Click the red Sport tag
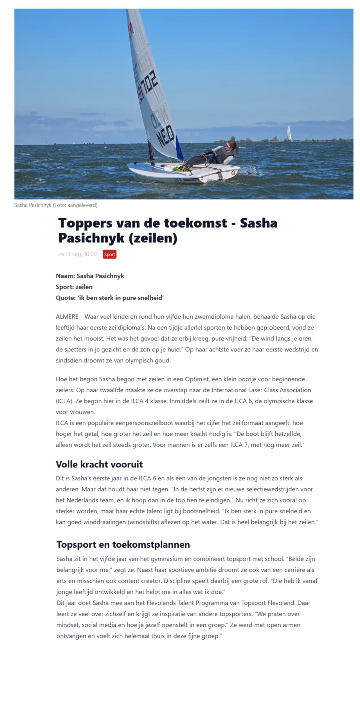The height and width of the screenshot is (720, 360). (109, 254)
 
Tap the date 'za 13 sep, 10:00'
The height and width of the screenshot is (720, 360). (77, 254)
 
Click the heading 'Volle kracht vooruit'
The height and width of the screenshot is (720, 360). (99, 464)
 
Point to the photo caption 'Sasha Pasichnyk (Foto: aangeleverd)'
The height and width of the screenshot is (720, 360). (56, 205)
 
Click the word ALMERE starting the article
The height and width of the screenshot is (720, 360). (67, 317)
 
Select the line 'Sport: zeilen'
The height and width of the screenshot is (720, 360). (74, 287)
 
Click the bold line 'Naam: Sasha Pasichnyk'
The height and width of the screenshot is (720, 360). (90, 276)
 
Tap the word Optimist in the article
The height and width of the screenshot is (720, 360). (197, 379)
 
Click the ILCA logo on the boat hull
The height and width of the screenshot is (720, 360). (178, 179)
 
